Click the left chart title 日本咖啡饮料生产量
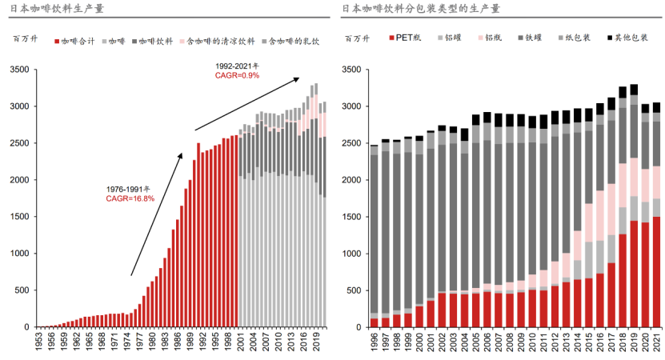pyautogui.click(x=54, y=9)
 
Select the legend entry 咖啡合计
pyautogui.click(x=76, y=39)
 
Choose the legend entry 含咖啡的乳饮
pyautogui.click(x=293, y=39)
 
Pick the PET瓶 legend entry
pyautogui.click(x=408, y=38)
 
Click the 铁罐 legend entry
pyautogui.click(x=531, y=38)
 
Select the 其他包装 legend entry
pyautogui.click(x=629, y=38)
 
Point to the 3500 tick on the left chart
pyautogui.click(x=20, y=70)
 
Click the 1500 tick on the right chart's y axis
pyautogui.click(x=353, y=217)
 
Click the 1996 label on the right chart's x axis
pyautogui.click(x=374, y=342)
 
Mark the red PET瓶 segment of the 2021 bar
pyautogui.click(x=656, y=272)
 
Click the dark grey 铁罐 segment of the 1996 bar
pyautogui.click(x=374, y=232)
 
